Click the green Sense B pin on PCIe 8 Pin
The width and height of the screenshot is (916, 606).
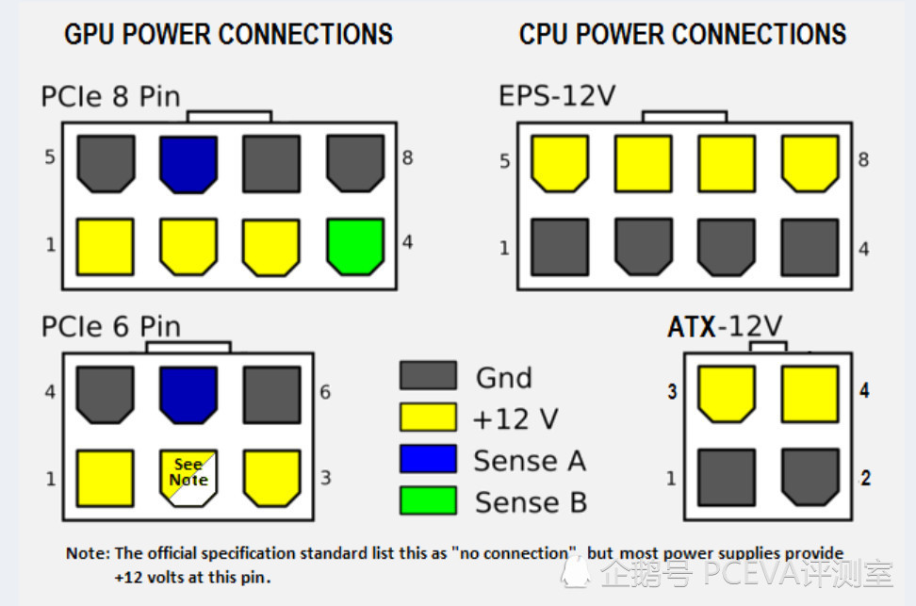355,246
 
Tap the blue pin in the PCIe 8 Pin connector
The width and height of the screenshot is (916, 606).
188,164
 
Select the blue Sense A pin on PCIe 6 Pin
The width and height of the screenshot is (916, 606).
188,393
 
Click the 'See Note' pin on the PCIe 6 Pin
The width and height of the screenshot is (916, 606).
188,476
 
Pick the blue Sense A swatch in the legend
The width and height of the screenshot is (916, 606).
428,459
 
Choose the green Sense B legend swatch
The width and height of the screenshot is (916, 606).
428,500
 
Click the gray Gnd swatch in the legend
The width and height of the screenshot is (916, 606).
428,376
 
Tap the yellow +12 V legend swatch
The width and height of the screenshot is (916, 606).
428,418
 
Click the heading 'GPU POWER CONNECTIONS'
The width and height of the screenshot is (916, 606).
228,35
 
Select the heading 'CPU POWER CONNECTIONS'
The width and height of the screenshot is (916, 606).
682,35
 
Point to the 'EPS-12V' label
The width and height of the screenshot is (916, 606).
557,96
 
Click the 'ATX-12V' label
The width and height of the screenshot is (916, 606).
725,327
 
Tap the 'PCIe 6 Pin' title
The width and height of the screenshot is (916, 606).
110,327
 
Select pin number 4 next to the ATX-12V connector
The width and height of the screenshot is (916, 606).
864,390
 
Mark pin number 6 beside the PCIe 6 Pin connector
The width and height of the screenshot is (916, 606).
325,391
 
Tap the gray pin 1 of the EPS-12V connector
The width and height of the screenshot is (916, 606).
560,247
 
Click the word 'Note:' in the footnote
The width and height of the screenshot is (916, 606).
89,553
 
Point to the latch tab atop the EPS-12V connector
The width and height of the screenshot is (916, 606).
684,117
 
